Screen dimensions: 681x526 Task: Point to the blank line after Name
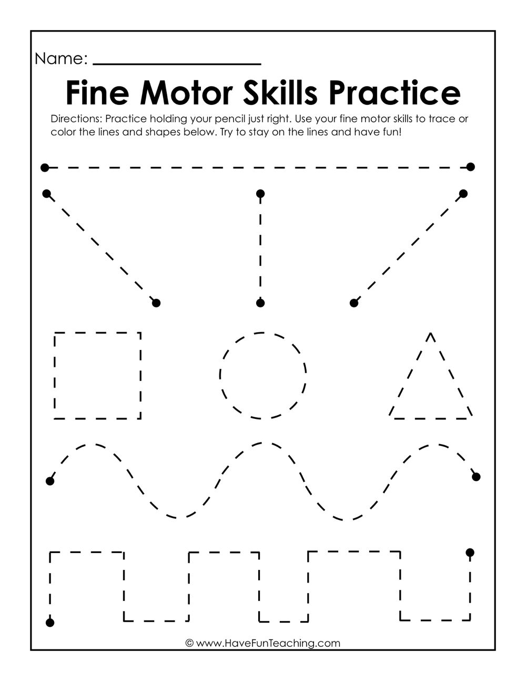177,63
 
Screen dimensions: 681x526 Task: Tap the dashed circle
263,375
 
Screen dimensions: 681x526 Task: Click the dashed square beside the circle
97,375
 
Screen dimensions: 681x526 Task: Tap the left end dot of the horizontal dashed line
45,168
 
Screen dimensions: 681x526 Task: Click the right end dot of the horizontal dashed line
471,167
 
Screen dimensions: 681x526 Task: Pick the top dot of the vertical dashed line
260,194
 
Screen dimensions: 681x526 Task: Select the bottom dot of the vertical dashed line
260,303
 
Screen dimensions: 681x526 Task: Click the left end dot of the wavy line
50,481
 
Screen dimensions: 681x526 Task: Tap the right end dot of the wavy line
477,477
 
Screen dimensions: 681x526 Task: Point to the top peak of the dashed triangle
431,333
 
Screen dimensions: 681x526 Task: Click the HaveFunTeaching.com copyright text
263,643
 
